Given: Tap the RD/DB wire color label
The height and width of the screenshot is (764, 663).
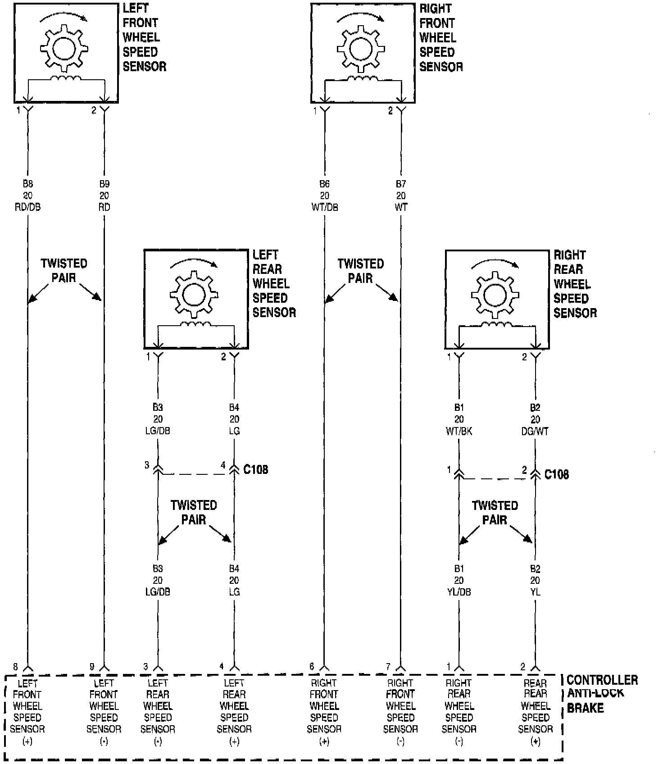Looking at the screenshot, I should (27, 208).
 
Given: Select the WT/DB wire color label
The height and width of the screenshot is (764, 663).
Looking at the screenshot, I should (324, 208).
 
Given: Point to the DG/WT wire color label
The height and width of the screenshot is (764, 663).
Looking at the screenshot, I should (535, 432).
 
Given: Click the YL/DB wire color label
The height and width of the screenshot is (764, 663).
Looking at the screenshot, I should (459, 592).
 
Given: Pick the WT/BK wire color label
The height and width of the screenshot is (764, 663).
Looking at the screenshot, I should (459, 432).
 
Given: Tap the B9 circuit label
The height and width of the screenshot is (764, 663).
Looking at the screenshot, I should (104, 184).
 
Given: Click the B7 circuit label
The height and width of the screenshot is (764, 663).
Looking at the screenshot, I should (401, 184).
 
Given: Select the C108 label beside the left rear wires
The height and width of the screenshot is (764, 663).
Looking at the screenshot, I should (255, 469).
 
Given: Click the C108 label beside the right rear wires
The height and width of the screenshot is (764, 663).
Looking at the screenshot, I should (556, 474).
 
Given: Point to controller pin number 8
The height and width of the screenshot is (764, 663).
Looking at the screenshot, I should (16, 667).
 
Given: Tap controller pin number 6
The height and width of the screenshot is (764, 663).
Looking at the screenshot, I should (312, 667).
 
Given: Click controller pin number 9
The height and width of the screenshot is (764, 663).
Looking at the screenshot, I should (92, 667).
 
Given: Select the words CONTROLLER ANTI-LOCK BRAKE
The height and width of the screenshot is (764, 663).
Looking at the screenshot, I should (601, 693).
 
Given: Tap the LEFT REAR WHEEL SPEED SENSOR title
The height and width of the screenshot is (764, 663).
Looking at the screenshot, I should (274, 284).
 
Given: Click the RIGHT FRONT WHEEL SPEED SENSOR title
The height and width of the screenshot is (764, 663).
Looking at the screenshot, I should (440, 38).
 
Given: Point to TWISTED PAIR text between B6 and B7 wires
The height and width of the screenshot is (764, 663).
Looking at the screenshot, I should (360, 271).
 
